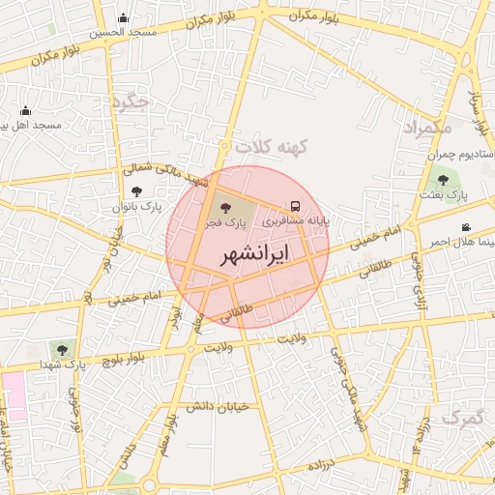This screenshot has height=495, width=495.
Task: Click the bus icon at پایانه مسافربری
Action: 295,206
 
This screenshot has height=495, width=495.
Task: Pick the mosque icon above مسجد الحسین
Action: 123,17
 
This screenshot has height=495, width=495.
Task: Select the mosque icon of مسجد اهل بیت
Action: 25,110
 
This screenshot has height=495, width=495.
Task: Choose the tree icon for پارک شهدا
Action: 63,349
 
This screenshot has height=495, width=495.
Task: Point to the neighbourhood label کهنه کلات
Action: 270,146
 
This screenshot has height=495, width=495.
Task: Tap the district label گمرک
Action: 462,418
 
